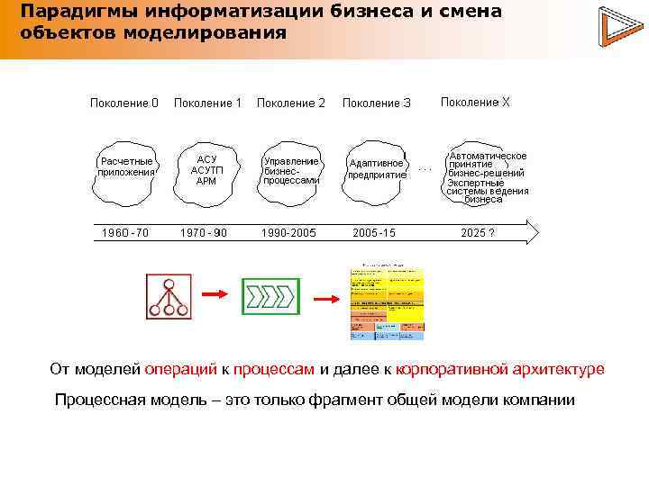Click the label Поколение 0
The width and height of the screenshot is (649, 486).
pyautogui.click(x=124, y=103)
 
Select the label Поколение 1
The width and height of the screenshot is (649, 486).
pyautogui.click(x=207, y=103)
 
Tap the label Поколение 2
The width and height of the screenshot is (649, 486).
pyautogui.click(x=291, y=103)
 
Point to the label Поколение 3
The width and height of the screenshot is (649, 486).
pyautogui.click(x=377, y=103)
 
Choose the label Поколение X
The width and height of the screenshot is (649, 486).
pyautogui.click(x=475, y=103)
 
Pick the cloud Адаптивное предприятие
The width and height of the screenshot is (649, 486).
pyautogui.click(x=377, y=169)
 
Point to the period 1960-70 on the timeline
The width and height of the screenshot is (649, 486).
pyautogui.click(x=125, y=233)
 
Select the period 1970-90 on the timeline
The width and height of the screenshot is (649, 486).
pyautogui.click(x=204, y=233)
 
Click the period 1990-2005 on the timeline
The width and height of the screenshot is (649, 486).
pyautogui.click(x=288, y=233)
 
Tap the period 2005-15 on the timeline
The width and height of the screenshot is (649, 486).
pyautogui.click(x=374, y=233)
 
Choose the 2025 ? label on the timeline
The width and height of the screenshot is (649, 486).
pyautogui.click(x=477, y=233)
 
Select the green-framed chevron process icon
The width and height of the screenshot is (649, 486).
pyautogui.click(x=269, y=296)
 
